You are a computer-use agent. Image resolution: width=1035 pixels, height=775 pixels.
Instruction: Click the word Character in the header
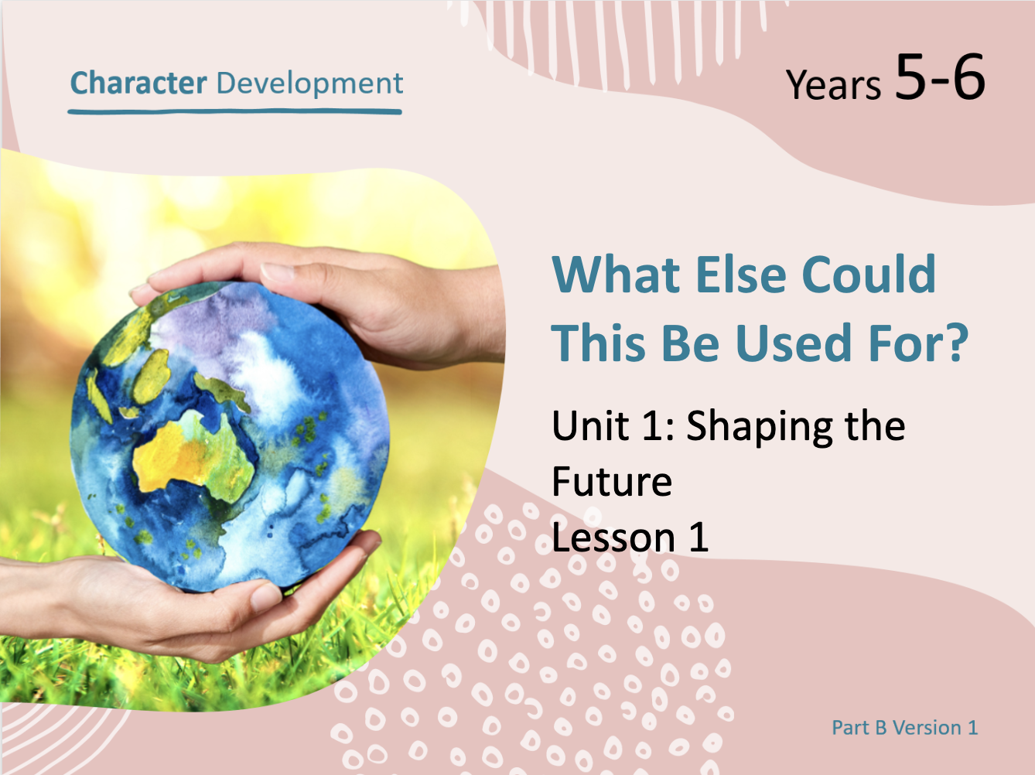[x=138, y=83]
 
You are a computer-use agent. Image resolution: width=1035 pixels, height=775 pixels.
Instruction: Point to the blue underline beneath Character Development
[x=235, y=111]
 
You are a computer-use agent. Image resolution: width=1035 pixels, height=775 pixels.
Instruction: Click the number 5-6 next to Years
[x=940, y=77]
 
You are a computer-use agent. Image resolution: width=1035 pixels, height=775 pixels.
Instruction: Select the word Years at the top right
[x=833, y=85]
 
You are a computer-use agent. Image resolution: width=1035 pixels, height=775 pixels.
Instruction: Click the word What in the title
[x=616, y=275]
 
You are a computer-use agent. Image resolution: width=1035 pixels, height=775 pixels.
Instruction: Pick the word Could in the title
[x=869, y=275]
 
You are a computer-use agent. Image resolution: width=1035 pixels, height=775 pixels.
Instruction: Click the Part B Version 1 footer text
[x=905, y=727]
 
